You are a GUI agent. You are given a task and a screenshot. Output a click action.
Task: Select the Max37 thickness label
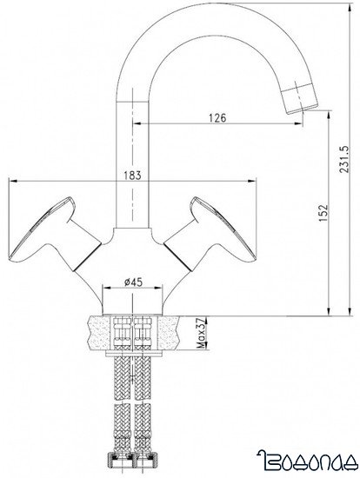tap(199, 331)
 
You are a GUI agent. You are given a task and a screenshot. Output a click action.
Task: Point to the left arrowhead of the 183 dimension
tap(10, 181)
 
